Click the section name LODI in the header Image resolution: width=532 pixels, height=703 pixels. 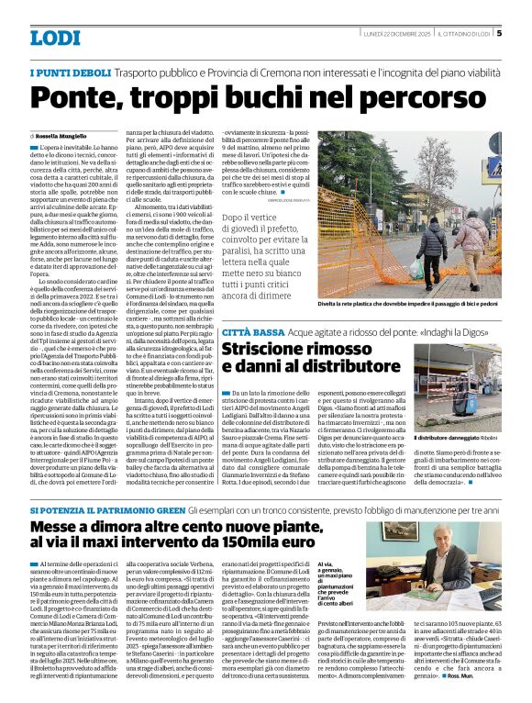point(56,39)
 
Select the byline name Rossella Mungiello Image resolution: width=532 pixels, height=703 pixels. point(66,135)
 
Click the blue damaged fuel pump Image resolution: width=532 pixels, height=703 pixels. point(462,400)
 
